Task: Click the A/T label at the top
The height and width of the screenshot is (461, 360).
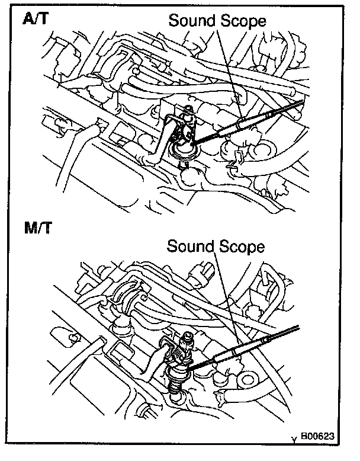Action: click(x=36, y=18)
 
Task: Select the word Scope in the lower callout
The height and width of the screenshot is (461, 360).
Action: click(x=241, y=246)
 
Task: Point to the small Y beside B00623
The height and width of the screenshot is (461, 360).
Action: click(x=294, y=440)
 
